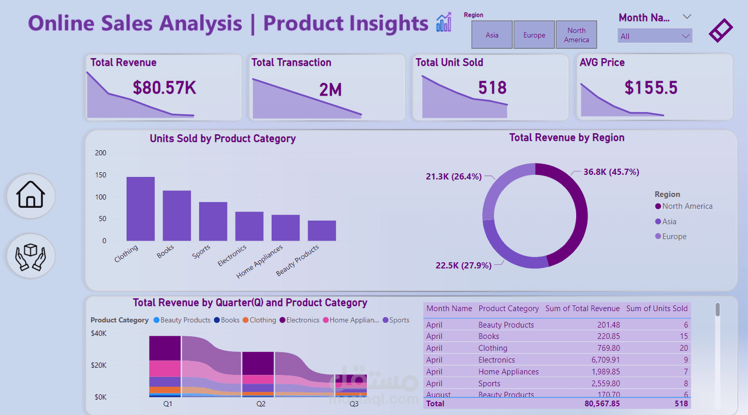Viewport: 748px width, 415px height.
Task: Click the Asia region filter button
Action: click(492, 35)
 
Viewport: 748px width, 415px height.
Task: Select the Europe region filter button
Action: click(534, 35)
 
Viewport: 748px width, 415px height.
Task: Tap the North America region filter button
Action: click(576, 35)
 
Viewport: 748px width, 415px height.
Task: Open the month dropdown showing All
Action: click(654, 36)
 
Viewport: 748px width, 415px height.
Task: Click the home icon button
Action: click(31, 196)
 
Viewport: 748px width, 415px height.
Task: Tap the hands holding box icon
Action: click(31, 256)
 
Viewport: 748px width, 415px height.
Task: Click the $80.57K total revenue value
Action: click(164, 88)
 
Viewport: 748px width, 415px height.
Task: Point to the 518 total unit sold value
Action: click(492, 88)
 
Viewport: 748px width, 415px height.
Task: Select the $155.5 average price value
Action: click(651, 88)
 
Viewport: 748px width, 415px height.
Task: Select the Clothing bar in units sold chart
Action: click(140, 209)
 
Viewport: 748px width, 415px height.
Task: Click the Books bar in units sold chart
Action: click(177, 215)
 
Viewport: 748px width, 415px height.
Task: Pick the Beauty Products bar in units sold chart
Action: click(322, 230)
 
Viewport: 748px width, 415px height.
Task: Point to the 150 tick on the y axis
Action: click(101, 175)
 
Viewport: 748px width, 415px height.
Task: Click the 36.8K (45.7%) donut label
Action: click(611, 172)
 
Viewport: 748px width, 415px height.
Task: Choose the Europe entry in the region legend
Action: click(674, 237)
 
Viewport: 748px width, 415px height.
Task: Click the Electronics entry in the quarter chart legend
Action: click(302, 320)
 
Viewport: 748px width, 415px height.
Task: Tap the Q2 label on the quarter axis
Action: click(261, 404)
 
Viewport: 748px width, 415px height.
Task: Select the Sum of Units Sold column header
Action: click(656, 309)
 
